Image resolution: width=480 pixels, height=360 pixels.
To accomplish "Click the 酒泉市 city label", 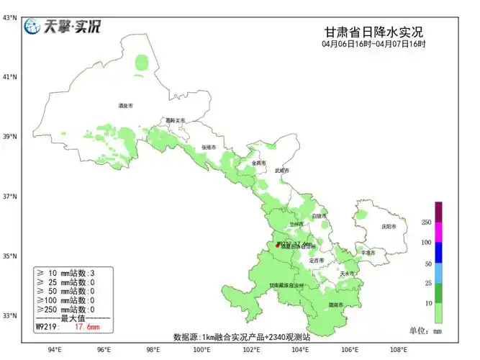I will click(x=126, y=106).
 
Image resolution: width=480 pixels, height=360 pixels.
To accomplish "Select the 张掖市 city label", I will click(x=209, y=147).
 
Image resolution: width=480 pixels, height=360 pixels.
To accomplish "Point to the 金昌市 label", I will click(x=259, y=163).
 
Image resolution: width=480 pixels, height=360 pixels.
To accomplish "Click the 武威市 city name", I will click(x=281, y=171).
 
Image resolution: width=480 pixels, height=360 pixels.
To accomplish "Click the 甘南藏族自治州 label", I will click(x=286, y=286).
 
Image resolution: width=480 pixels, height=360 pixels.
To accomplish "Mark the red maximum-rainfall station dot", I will click(x=279, y=246).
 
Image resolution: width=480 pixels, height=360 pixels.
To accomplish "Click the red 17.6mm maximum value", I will click(x=87, y=327).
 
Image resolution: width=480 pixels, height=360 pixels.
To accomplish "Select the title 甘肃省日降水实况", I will click(x=373, y=32).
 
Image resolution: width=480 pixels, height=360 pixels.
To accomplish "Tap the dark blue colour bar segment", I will click(x=438, y=253).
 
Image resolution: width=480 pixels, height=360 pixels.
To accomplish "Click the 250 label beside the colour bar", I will click(x=426, y=222).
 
